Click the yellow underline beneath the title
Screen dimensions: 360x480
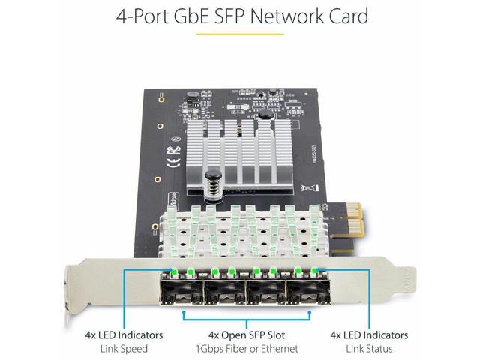point(240,34)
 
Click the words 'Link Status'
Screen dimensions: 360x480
point(370,348)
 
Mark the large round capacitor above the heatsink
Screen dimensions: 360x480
point(264,116)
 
